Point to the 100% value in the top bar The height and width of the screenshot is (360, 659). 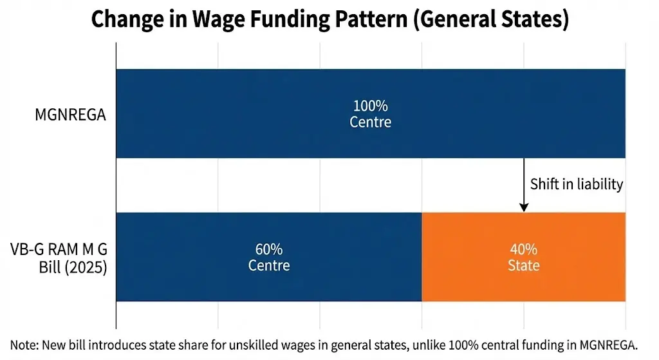(x=370, y=106)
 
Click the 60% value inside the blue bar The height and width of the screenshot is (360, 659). (x=268, y=250)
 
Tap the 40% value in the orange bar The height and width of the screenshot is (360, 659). (x=523, y=250)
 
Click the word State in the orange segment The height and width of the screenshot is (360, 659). (x=523, y=265)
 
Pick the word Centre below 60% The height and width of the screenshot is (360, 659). (x=268, y=265)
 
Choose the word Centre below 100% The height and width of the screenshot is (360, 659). (x=370, y=122)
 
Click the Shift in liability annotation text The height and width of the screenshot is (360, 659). (x=577, y=184)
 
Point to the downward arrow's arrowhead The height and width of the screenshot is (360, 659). (x=524, y=207)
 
